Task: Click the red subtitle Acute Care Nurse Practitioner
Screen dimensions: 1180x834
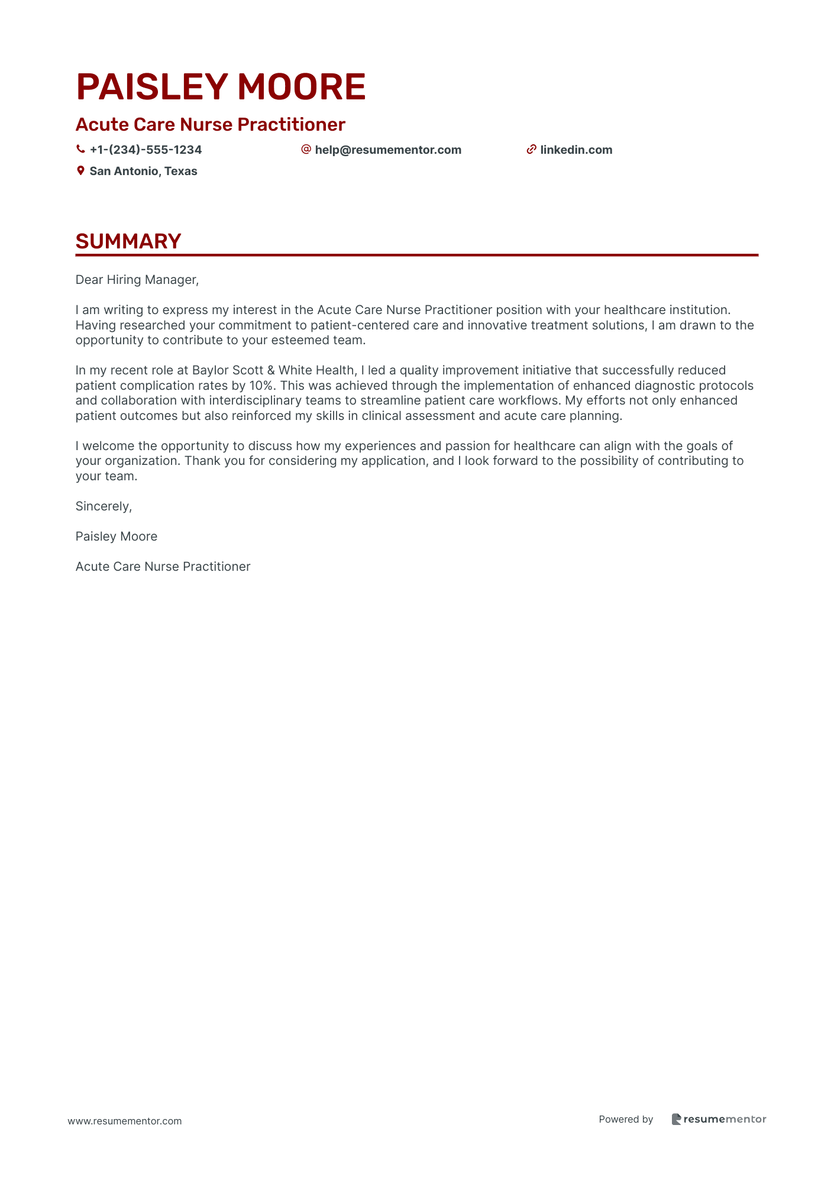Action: pos(210,125)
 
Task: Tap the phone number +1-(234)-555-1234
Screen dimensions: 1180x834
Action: pos(146,150)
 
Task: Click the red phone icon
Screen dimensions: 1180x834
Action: pos(80,150)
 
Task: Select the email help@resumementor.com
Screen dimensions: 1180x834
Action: pos(388,150)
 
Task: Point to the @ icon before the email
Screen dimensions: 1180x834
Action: pos(306,150)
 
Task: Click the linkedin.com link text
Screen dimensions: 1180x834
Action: pos(576,150)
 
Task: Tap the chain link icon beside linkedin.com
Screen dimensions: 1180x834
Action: pos(531,150)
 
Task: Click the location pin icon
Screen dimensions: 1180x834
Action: pos(80,171)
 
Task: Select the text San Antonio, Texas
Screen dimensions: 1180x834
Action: pos(143,172)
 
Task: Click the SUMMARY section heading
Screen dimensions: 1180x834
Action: pos(128,241)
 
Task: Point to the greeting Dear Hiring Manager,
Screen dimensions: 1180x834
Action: pos(137,280)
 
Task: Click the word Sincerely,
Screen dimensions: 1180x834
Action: pos(104,506)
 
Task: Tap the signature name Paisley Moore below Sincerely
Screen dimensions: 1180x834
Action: pos(117,536)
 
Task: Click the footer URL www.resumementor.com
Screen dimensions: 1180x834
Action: pos(125,1121)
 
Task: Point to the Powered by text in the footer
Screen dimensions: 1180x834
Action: pos(626,1119)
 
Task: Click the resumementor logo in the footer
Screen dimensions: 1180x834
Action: pos(719,1119)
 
